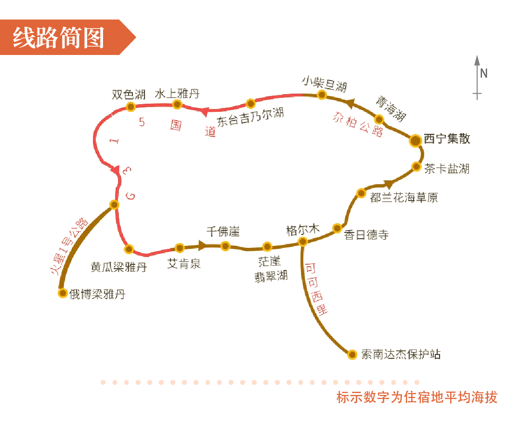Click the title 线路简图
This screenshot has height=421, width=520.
click(x=58, y=38)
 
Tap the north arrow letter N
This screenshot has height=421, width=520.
click(x=484, y=73)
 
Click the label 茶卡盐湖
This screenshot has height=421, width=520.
click(x=446, y=169)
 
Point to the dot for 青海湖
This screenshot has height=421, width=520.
click(x=379, y=119)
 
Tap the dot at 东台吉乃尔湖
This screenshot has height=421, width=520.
click(x=250, y=103)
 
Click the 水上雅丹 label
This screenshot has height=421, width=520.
click(x=177, y=93)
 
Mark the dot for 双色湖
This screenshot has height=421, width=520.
click(x=130, y=107)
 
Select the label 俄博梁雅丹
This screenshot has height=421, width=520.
click(x=97, y=294)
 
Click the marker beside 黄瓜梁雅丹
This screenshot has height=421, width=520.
click(x=129, y=249)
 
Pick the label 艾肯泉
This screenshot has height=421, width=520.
click(x=183, y=264)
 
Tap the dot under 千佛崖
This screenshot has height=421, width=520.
click(x=225, y=246)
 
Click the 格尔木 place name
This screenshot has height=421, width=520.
click(x=302, y=231)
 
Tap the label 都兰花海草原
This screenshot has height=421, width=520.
click(x=404, y=197)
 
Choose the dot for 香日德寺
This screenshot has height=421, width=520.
click(x=338, y=228)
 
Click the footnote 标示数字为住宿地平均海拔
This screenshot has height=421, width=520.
click(x=416, y=397)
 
